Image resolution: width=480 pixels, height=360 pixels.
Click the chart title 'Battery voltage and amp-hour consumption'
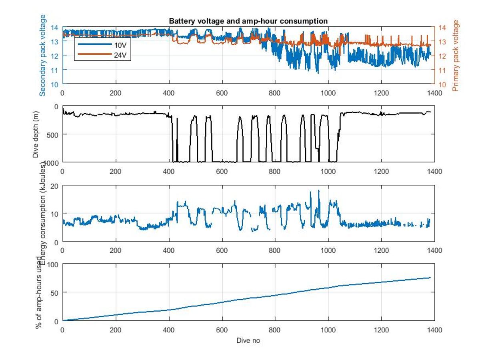pyautogui.click(x=248, y=21)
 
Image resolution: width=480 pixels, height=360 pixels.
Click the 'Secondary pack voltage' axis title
pyautogui.click(x=43, y=55)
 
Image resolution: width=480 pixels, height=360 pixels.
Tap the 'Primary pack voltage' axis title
pyautogui.click(x=456, y=55)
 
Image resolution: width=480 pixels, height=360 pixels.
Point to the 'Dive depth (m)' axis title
pyautogui.click(x=36, y=134)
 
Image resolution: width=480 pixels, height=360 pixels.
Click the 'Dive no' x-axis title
pyautogui.click(x=248, y=340)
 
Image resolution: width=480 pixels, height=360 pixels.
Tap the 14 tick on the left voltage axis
pyautogui.click(x=55, y=27)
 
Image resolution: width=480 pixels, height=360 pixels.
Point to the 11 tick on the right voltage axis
pyautogui.click(x=442, y=70)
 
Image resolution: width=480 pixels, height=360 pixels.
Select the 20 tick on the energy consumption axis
pyautogui.click(x=55, y=186)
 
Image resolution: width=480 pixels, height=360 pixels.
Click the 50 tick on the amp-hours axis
pyautogui.click(x=55, y=292)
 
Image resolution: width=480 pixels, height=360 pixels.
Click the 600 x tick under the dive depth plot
pyautogui.click(x=222, y=171)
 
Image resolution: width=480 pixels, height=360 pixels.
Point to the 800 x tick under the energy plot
pyautogui.click(x=275, y=250)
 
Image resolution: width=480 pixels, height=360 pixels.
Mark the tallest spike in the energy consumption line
pyautogui.click(x=319, y=191)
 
